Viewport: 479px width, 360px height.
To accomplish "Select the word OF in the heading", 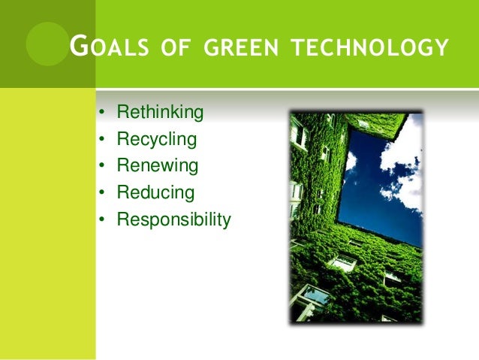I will pos(173,50).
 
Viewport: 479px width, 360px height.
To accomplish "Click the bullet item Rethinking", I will pos(160,113).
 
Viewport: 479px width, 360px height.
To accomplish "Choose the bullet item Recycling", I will pos(156,140).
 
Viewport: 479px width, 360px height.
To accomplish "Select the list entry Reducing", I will pos(155,193).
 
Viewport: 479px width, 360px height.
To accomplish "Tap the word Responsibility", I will pos(173,220).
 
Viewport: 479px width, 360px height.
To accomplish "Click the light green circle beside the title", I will pos(47,43).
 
